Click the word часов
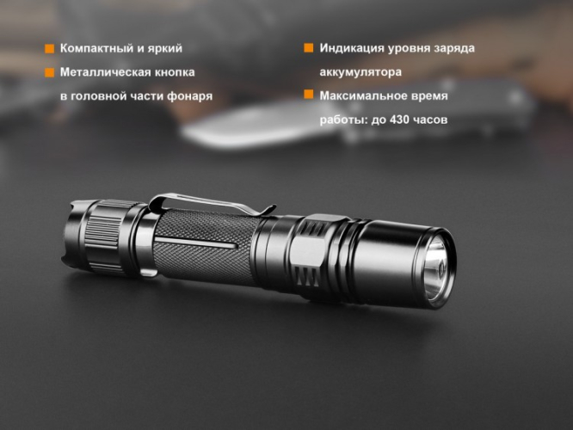pos(430,120)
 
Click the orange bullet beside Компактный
pos(49,49)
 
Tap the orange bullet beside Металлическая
pos(49,72)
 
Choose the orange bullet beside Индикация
pos(308,48)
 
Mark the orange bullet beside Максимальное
pos(308,95)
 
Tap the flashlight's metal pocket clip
pos(206,206)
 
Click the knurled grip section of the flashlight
pos(206,245)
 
